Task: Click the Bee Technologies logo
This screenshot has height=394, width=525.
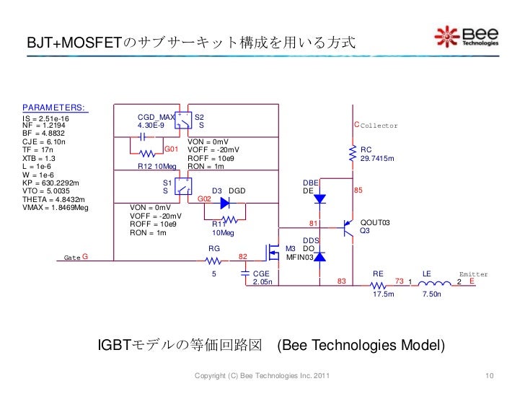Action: (x=467, y=37)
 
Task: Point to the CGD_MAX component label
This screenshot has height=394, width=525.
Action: (x=156, y=117)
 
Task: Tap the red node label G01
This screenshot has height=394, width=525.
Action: (x=172, y=149)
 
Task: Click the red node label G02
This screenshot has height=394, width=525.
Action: (x=204, y=198)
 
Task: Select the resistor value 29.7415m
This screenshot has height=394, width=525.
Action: (x=378, y=158)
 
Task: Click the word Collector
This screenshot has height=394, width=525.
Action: (x=379, y=126)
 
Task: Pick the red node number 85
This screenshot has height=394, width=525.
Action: (x=358, y=191)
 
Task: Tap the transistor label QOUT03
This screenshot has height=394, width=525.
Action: (x=375, y=223)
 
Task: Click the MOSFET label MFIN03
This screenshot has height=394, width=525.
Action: (x=299, y=256)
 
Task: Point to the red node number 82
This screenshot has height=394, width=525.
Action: (x=243, y=256)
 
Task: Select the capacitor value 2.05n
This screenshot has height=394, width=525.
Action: (x=263, y=282)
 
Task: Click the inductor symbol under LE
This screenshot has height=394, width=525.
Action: (x=432, y=282)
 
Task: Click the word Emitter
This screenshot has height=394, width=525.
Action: (x=474, y=274)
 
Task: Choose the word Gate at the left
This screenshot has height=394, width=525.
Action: (x=72, y=257)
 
